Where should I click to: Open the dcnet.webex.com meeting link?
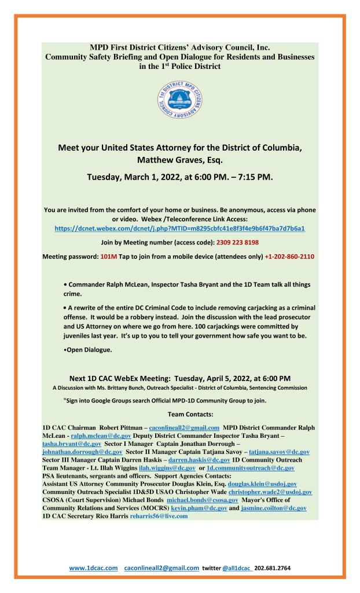click(180, 229)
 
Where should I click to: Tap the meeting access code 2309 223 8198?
click(232, 243)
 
